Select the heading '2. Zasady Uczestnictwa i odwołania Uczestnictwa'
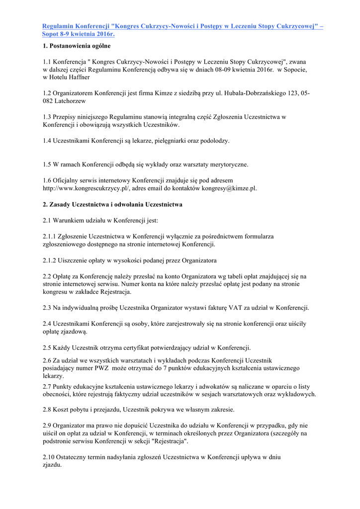tap(112, 204)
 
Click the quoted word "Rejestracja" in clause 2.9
tap(171, 441)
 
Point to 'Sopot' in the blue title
tap(52, 34)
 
